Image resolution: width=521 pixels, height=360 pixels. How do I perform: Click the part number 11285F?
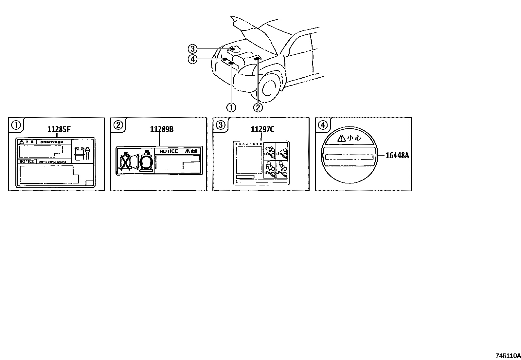click(59, 129)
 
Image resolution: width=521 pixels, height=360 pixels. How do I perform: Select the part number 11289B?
click(162, 129)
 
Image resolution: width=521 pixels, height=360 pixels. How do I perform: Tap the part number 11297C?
click(262, 129)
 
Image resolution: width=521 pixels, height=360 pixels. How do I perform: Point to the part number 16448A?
click(397, 155)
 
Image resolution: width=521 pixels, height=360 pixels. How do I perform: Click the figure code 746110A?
click(508, 355)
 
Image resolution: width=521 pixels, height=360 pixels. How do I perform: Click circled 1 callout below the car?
click(231, 107)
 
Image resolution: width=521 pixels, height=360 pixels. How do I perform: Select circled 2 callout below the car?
click(258, 107)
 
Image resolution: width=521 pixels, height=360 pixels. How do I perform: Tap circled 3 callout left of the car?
click(192, 49)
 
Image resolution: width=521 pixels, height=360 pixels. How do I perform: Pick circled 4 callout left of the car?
click(192, 59)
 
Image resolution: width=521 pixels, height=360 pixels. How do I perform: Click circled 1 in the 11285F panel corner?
click(16, 124)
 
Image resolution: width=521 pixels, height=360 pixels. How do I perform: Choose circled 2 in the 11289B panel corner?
click(118, 124)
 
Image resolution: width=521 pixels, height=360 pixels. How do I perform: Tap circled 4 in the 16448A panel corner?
click(323, 124)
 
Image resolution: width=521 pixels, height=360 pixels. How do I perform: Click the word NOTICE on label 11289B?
click(169, 151)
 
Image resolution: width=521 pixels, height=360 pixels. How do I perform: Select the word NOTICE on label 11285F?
click(27, 161)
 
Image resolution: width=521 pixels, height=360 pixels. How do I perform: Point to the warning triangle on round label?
click(341, 138)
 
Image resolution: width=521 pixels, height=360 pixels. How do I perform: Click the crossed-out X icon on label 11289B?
click(125, 162)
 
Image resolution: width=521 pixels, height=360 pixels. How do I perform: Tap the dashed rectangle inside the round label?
click(350, 157)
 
